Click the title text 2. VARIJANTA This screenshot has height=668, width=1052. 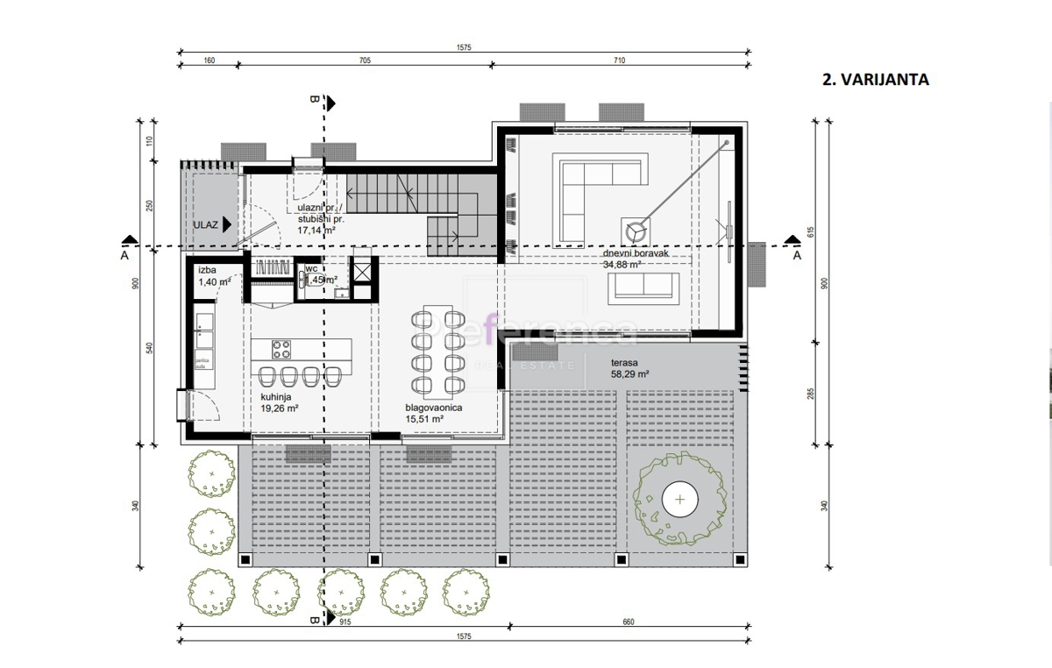coord(875,80)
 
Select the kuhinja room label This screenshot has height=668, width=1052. coord(275,396)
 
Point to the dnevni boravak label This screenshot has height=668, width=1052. coord(636,253)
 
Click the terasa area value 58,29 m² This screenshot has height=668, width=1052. coord(629,373)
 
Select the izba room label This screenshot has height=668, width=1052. coord(208,270)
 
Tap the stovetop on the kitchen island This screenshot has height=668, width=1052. coord(282,349)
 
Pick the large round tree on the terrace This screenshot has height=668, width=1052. coord(680,501)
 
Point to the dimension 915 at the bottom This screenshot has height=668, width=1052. coord(345,622)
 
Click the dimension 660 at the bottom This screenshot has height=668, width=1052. coord(627,622)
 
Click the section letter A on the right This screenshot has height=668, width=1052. coord(796,256)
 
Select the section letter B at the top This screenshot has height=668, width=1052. coord(315,100)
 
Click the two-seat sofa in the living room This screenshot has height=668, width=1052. coord(643,286)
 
